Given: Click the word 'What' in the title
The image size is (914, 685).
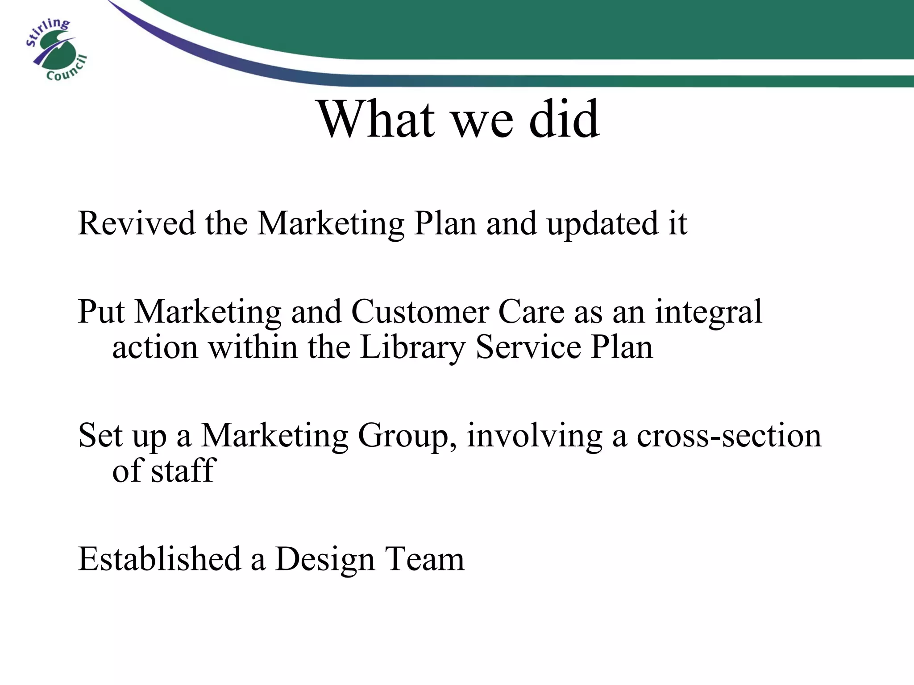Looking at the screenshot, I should click(x=376, y=120).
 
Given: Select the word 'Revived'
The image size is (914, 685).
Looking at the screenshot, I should click(x=137, y=223).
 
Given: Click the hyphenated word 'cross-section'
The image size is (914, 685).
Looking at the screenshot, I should click(x=728, y=435).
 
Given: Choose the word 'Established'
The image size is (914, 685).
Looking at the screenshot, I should click(x=159, y=558).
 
